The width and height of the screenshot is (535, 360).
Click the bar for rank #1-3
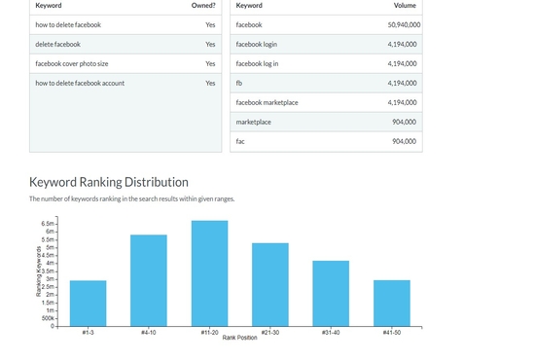tap(88, 303)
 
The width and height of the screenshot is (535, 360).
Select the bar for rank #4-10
tap(149, 280)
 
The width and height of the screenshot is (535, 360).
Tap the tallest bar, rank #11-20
tap(209, 273)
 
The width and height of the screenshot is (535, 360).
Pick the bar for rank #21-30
tap(270, 284)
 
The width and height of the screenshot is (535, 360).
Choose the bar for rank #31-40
tap(331, 293)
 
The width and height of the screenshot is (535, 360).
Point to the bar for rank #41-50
tap(392, 303)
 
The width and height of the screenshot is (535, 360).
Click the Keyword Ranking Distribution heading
tap(109, 182)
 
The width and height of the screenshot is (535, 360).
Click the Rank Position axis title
tap(239, 338)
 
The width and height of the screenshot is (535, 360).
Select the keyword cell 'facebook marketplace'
tap(267, 102)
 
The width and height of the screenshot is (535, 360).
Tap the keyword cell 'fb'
tap(239, 83)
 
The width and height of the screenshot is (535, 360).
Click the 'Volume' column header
tap(404, 6)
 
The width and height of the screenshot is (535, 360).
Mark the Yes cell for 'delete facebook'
tap(210, 44)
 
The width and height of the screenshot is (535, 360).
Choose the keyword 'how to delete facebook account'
tap(80, 83)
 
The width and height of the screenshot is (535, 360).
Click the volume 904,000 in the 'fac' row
tap(404, 141)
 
